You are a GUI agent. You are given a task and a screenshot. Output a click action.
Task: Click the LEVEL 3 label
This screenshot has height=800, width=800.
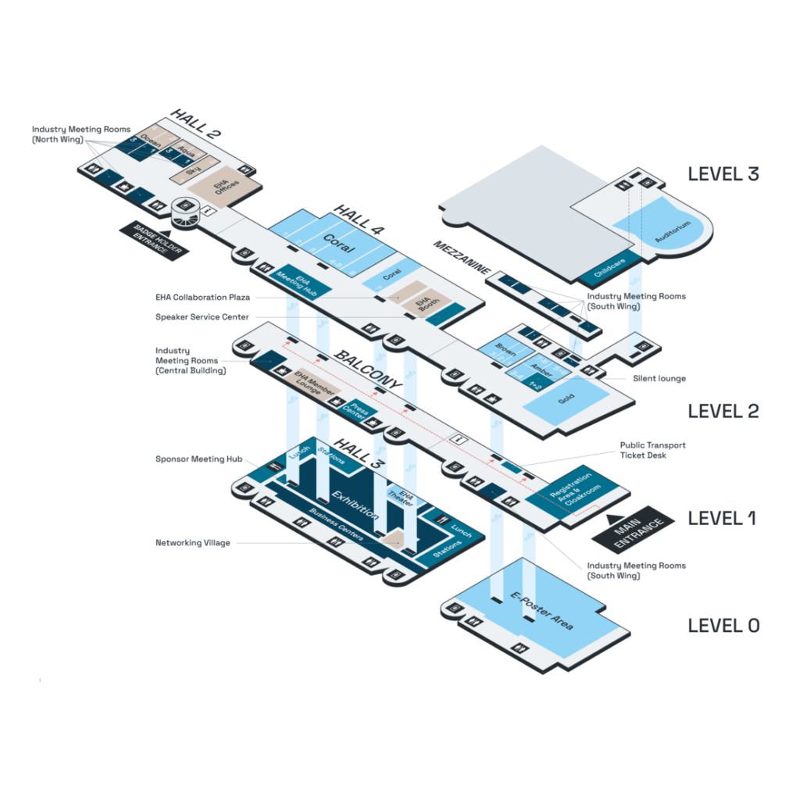click(x=723, y=173)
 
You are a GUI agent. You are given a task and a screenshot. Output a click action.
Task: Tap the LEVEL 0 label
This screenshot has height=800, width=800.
click(x=723, y=625)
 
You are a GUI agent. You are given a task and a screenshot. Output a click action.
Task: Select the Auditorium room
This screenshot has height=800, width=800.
click(x=673, y=230)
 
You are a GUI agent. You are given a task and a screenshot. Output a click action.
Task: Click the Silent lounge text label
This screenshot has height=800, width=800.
click(x=659, y=379)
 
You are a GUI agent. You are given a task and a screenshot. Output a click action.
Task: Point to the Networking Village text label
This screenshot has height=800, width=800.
click(x=193, y=542)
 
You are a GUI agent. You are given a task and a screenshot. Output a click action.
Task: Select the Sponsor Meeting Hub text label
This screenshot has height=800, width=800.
click(x=198, y=459)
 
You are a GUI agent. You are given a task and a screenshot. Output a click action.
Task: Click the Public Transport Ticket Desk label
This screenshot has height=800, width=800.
click(x=653, y=450)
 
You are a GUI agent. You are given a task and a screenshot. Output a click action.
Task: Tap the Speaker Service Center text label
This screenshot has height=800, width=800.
click(x=202, y=317)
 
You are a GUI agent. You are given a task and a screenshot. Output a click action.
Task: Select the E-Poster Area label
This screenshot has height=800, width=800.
click(x=542, y=611)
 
